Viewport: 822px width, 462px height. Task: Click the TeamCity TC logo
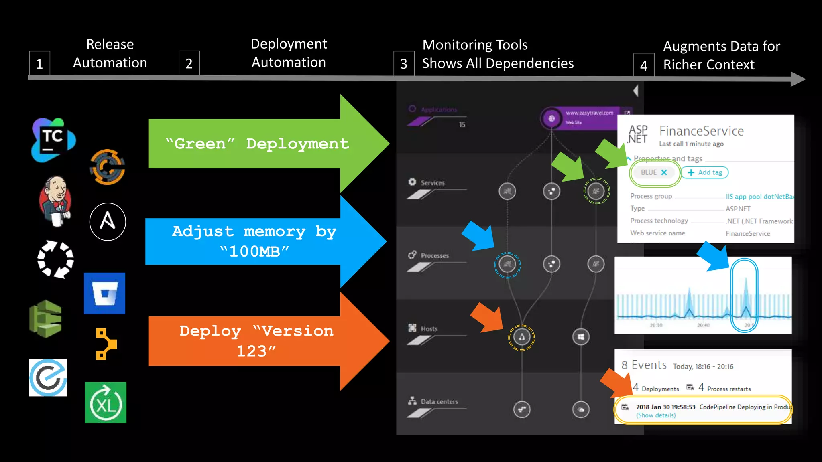coord(53,140)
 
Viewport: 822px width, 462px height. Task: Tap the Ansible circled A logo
coord(108,222)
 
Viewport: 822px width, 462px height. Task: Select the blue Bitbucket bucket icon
coord(104,293)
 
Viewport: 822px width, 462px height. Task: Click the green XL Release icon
coord(106,403)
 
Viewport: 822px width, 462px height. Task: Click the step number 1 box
coord(39,63)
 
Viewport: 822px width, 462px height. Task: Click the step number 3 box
coord(404,63)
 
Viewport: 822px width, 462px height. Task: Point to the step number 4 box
coord(644,65)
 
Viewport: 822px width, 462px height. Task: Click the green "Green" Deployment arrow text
coord(257,144)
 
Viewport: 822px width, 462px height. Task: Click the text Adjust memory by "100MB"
coord(254,241)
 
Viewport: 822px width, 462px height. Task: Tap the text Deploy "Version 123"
coord(256,340)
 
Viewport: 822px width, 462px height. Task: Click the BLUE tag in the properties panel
coord(649,172)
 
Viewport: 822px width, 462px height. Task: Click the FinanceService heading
coord(701,131)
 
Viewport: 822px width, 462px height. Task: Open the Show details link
coord(656,415)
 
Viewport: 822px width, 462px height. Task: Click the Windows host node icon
coord(581,337)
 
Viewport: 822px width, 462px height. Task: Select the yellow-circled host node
coord(521,337)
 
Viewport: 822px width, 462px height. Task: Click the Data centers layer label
coord(439,401)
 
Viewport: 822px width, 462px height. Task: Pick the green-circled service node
coord(596,191)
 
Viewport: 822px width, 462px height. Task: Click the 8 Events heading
coord(644,365)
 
